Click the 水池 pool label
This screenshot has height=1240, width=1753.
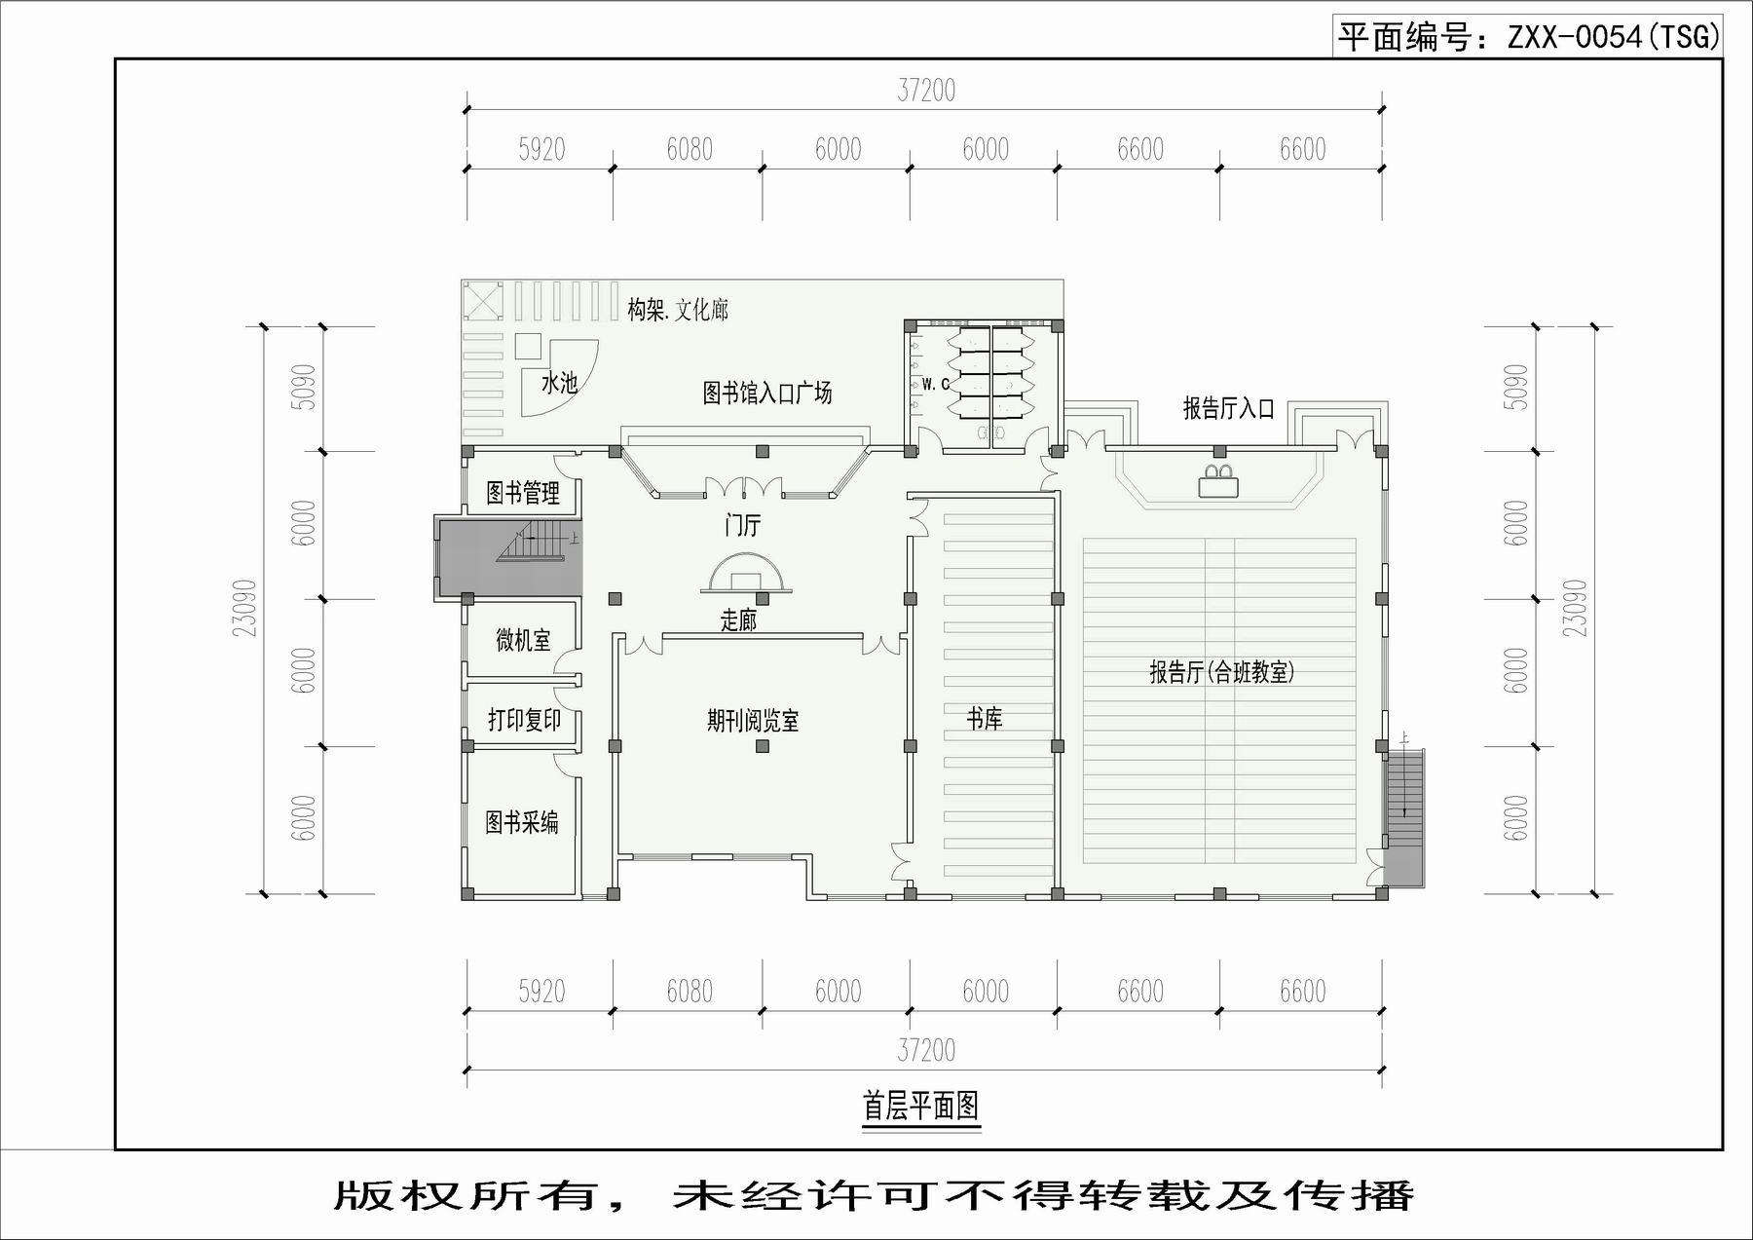pos(559,383)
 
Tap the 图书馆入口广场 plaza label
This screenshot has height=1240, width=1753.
pos(767,393)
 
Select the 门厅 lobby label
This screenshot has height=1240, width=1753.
pos(742,526)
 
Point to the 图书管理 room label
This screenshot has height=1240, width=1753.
pos(523,493)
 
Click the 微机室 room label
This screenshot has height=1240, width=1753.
pos(523,640)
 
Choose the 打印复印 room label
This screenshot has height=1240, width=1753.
pos(524,720)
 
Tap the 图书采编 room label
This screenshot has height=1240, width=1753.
pos(522,822)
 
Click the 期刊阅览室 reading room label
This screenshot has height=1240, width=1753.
pos(753,721)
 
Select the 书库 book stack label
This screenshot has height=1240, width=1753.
pos(985,719)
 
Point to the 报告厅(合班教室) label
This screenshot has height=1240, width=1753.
pos(1221,672)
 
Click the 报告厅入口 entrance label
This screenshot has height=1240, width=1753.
pos(1229,408)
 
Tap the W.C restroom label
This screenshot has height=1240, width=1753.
pos(935,385)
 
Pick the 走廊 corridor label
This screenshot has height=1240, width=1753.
pos(738,620)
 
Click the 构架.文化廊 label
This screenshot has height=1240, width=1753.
pos(678,310)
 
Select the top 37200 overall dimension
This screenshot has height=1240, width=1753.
pos(926,91)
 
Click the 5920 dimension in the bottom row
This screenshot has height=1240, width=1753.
pos(541,992)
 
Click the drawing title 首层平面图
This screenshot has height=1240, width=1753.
pos(920,1106)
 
